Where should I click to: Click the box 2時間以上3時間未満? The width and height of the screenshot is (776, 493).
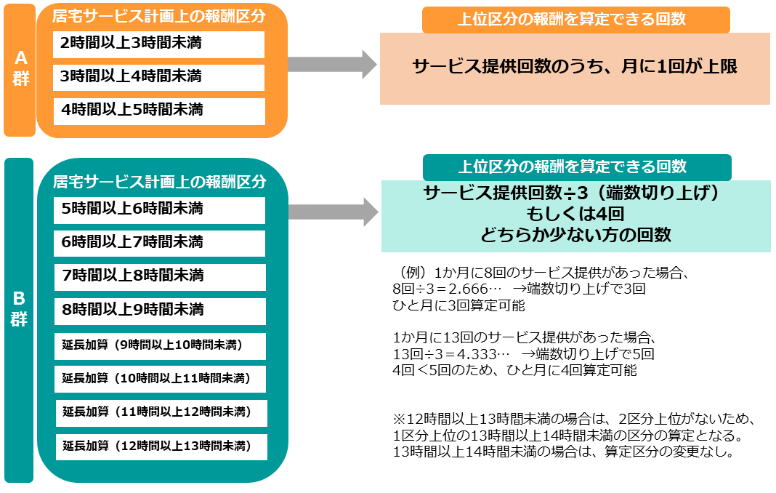pos(159,44)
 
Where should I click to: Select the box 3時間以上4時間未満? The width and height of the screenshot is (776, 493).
pos(159,77)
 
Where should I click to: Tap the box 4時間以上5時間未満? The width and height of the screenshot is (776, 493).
pos(159,111)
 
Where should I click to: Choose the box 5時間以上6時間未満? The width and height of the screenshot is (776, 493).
pos(159,210)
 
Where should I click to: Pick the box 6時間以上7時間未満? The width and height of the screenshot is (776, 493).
pos(159,244)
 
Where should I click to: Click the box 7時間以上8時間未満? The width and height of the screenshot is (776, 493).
pos(160,277)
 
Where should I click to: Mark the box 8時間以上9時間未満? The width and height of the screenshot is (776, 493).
pos(160,311)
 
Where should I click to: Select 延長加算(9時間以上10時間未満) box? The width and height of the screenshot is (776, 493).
pos(160,346)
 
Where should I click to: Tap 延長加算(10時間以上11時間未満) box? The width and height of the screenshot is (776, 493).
pos(161,379)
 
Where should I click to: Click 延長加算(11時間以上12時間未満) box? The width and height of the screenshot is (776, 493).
pos(161,413)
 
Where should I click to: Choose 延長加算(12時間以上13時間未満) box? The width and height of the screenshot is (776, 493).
pos(161,447)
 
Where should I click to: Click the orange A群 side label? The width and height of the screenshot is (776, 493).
pos(20,70)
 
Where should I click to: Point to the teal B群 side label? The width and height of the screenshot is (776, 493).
pos(19,320)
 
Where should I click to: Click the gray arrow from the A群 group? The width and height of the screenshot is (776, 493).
pos(332,64)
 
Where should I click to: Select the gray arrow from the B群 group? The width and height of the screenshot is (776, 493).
pos(334,212)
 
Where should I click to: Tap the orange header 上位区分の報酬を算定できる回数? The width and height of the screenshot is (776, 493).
pos(576,20)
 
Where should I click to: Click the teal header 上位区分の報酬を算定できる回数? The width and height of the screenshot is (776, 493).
pos(577,167)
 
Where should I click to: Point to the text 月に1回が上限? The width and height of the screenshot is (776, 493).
pos(679,66)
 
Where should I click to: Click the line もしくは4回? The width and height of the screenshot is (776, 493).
pos(575,214)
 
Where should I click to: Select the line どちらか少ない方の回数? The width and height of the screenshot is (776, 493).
pos(575,234)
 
